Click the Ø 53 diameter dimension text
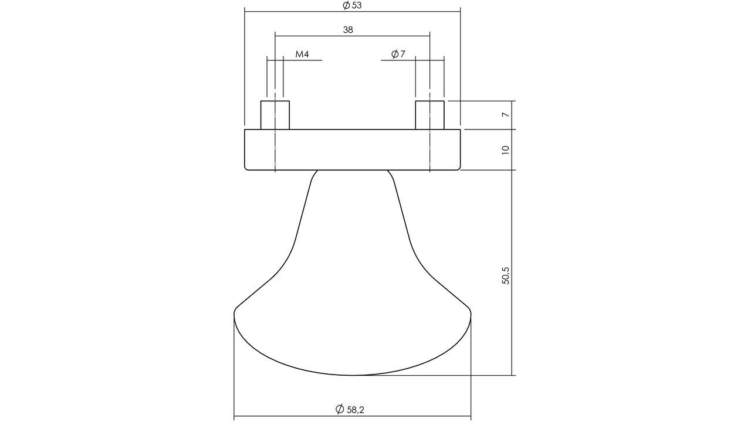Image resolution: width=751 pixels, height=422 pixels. pos(352,5)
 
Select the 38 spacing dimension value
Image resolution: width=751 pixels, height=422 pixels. pos(348,29)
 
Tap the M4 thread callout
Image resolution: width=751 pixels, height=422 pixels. pos(302,55)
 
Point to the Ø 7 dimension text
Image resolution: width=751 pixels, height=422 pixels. pos(398,55)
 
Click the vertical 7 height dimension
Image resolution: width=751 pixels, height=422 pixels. pos(506,115)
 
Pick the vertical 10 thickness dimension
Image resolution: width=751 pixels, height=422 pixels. pos(506,149)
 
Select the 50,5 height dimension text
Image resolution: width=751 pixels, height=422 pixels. pos(506,275)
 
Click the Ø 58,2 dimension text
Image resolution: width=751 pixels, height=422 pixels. pos(350,409)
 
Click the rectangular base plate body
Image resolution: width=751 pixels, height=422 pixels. pos(352,149)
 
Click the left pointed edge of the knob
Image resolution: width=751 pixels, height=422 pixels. pos(236,311)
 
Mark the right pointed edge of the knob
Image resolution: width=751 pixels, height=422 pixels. pos(469,311)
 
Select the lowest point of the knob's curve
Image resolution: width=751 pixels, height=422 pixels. pos(352,375)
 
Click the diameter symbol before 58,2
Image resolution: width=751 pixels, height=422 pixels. pos(339,409)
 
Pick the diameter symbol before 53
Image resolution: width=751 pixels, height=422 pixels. pos(346,5)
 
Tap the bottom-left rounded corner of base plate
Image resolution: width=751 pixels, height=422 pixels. pos(246,168)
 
